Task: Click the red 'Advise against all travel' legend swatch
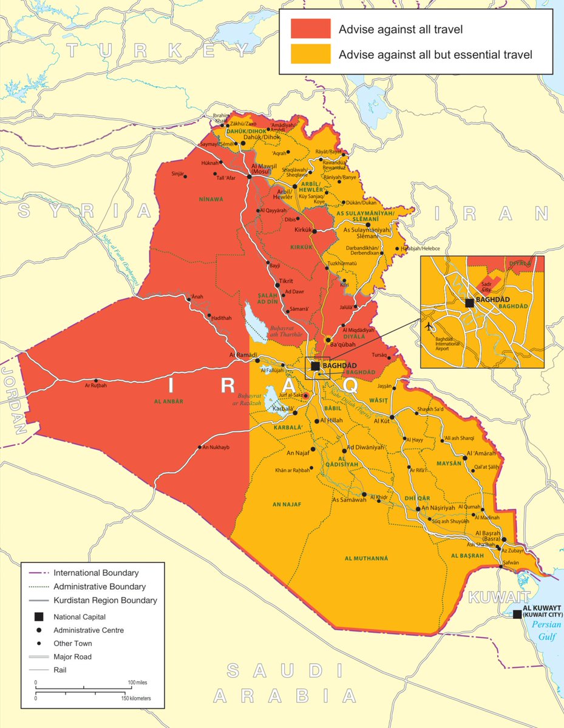(310, 29)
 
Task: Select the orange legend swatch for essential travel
(310, 54)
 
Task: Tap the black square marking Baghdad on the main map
(315, 366)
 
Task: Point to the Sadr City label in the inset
(486, 286)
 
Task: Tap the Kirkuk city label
(302, 231)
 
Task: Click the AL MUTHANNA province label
(365, 558)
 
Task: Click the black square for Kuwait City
(517, 614)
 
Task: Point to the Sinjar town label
(177, 174)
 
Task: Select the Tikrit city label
(286, 281)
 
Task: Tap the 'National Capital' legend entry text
(80, 616)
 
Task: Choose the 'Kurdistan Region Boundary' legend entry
(105, 601)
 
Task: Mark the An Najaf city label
(298, 453)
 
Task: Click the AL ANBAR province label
(168, 402)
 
